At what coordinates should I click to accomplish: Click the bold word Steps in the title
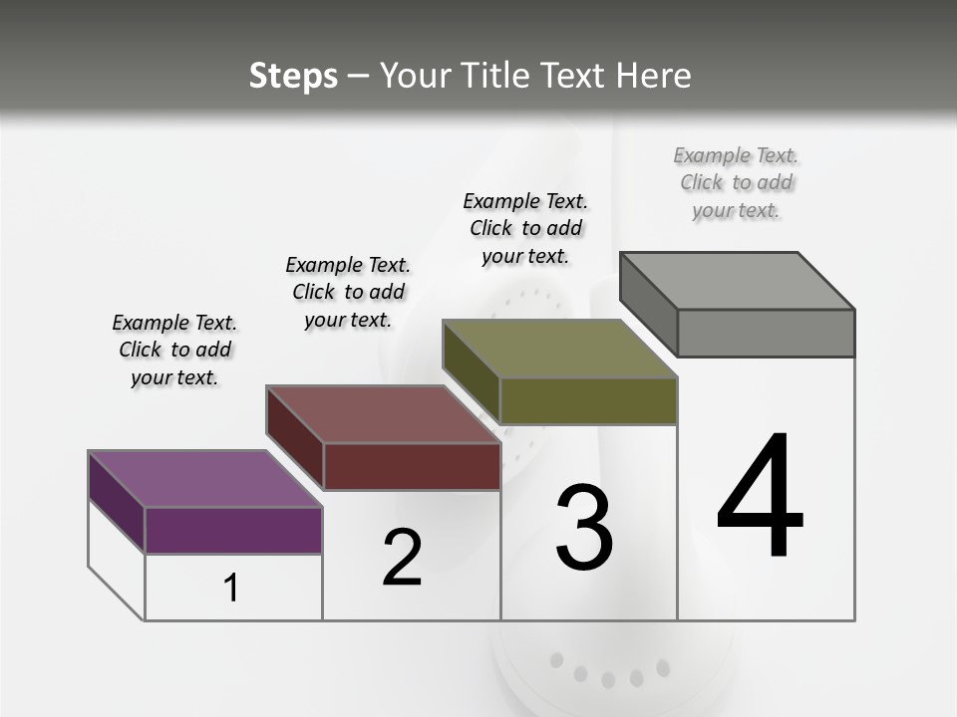tap(293, 76)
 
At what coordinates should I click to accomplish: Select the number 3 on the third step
tap(584, 528)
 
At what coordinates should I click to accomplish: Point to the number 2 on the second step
tap(402, 558)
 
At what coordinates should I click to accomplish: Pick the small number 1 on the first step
tap(231, 589)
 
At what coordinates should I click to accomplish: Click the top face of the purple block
tap(204, 479)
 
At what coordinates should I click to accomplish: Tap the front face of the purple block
tap(233, 530)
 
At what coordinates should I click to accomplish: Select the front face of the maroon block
tap(411, 466)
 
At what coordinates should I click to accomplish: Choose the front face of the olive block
tap(588, 400)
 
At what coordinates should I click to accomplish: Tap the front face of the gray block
tap(766, 333)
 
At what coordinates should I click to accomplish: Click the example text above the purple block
tap(174, 350)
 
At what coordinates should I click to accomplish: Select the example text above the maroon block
tap(348, 292)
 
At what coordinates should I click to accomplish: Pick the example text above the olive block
tap(525, 228)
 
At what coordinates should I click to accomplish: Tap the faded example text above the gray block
tap(736, 182)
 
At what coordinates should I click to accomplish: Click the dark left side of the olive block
tap(471, 371)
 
